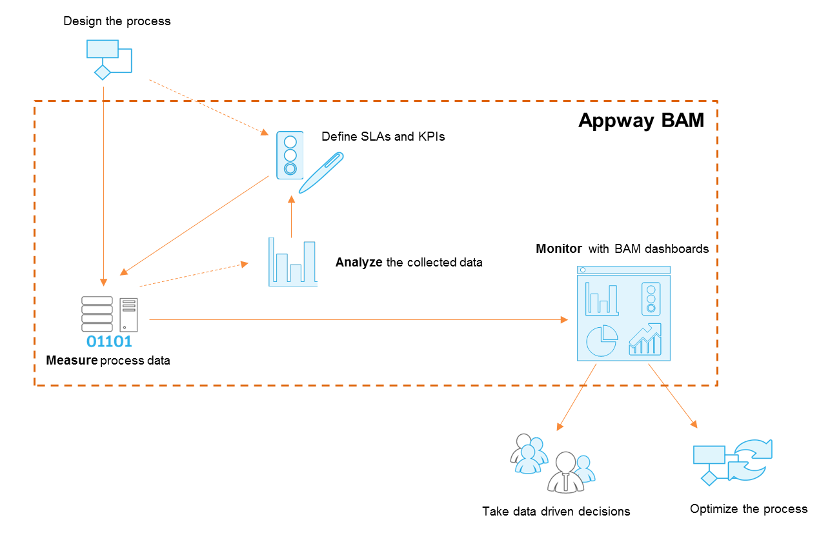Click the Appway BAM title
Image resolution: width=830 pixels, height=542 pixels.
click(x=641, y=121)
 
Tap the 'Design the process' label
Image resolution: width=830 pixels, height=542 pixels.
click(x=117, y=21)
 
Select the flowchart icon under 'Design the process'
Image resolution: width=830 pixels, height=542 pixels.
click(x=108, y=59)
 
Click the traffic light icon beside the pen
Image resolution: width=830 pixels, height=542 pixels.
click(x=290, y=155)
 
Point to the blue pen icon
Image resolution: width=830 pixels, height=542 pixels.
click(x=321, y=172)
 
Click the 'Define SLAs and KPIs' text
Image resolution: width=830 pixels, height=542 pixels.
click(x=383, y=137)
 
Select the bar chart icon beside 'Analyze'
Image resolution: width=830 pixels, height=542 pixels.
click(x=293, y=262)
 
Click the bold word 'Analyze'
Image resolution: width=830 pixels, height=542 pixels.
click(x=359, y=263)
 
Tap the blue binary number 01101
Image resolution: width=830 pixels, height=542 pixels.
click(x=109, y=341)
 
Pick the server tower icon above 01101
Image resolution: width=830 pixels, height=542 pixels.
click(x=128, y=314)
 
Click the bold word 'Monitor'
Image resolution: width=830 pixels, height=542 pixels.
click(x=559, y=248)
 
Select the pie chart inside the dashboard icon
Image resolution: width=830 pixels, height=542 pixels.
click(x=602, y=341)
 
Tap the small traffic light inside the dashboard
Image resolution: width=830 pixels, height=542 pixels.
click(x=651, y=299)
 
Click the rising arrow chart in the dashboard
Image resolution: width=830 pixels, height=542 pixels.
click(x=646, y=340)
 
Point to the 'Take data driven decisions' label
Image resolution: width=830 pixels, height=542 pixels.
click(x=556, y=512)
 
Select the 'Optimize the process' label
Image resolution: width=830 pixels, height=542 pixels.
click(x=748, y=509)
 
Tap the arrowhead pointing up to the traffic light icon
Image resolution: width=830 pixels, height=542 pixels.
click(x=291, y=201)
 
